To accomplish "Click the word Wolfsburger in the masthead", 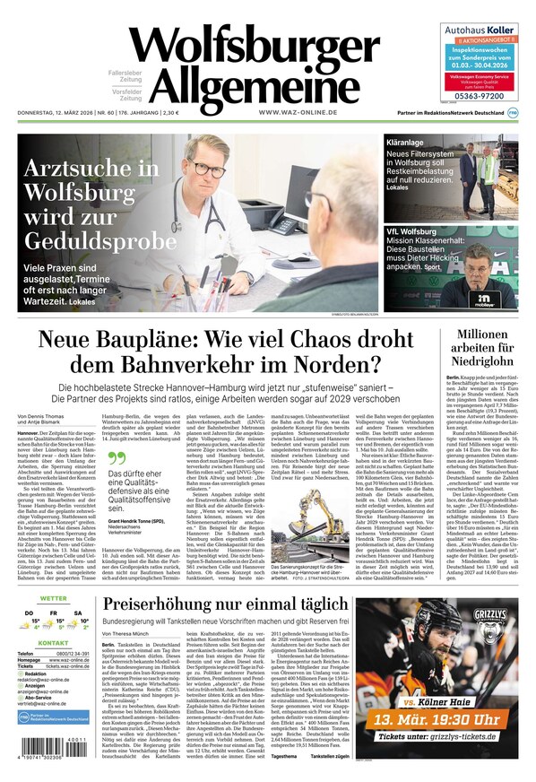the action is [255, 47].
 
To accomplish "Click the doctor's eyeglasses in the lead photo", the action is [208, 169].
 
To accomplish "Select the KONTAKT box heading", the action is [53, 643].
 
